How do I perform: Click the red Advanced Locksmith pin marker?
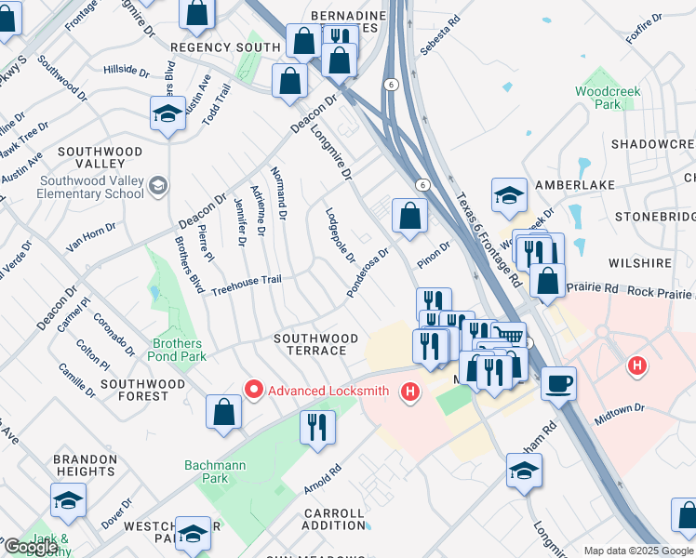coord(251,389)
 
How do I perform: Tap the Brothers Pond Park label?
coord(177,350)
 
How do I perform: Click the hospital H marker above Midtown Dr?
coord(637,365)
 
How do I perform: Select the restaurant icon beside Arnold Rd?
coord(317,427)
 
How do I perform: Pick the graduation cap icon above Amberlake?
coord(509,194)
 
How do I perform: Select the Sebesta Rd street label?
coord(441,34)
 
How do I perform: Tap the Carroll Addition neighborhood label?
coord(334,519)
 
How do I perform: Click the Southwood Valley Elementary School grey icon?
coord(157,186)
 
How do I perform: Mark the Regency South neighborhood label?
coord(224,46)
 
